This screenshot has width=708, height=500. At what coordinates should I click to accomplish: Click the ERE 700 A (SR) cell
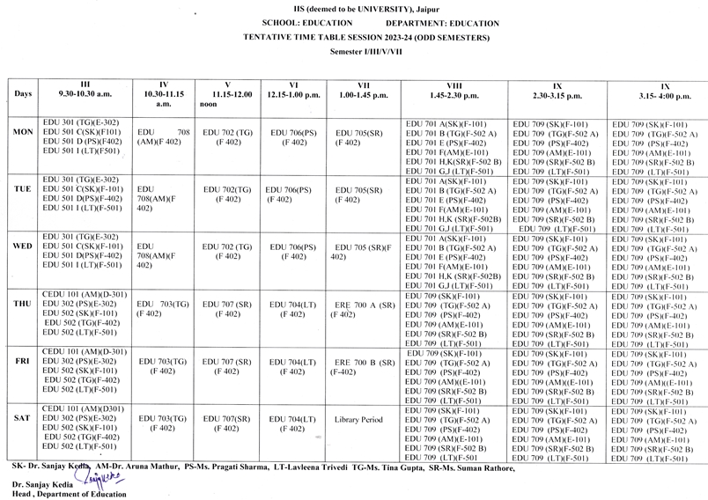(358, 308)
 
